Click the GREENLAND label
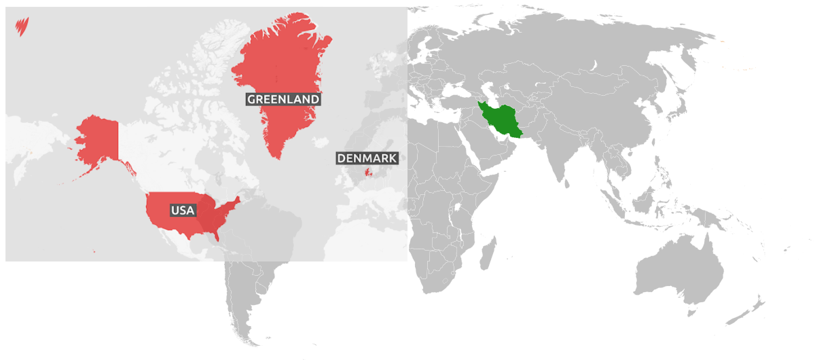tap(283, 99)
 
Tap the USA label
tap(183, 211)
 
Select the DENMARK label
tap(367, 158)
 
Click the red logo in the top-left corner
tap(22, 26)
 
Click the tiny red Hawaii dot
tap(94, 253)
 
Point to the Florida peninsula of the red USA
tap(216, 234)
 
